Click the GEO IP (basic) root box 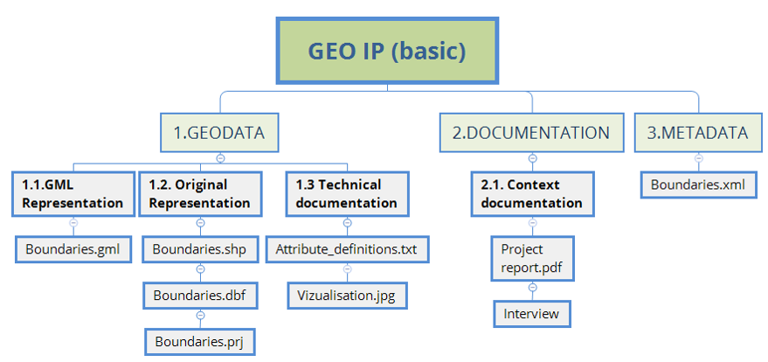point(387,51)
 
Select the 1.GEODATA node point(219,133)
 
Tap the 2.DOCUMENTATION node point(531,133)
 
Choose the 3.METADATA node point(698,133)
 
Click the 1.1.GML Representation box point(73,194)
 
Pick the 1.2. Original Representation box point(200,194)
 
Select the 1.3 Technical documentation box point(346,194)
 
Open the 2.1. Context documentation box point(531,194)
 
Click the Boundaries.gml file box point(73,249)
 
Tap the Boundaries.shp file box point(199,249)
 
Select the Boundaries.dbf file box point(199,295)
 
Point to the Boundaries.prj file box point(199,340)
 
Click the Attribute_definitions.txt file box point(346,249)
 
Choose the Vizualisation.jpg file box point(347,295)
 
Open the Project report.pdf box point(532,258)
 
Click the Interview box point(531,313)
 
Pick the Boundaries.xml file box point(698,185)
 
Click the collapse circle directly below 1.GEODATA point(220,158)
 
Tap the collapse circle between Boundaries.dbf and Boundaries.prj point(199,315)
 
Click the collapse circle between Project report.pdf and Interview point(531,289)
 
